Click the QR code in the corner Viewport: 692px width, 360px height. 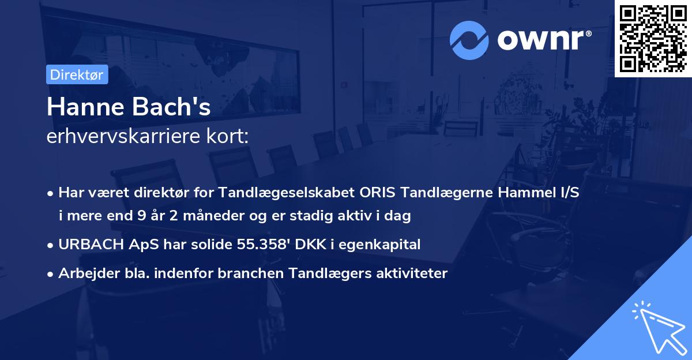[653, 39]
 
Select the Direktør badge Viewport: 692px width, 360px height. [77, 74]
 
